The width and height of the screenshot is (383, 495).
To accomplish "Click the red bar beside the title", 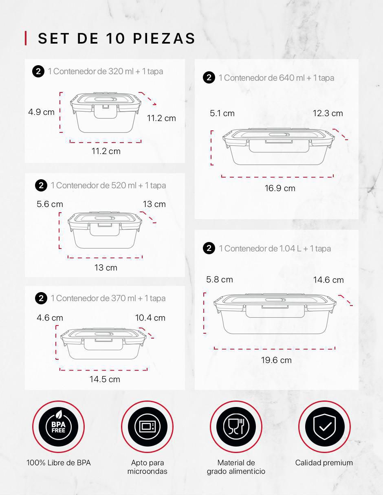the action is pos(26,38).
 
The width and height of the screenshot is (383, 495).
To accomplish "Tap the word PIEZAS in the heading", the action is pos(164,38).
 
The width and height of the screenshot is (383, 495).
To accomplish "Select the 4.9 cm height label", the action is pos(42,112).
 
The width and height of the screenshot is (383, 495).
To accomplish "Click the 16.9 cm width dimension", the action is pos(280,188).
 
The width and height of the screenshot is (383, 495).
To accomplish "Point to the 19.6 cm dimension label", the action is pos(276,360).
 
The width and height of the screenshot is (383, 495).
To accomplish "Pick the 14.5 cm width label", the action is pos(105,379).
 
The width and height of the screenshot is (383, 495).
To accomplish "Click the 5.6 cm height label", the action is pos(50,204).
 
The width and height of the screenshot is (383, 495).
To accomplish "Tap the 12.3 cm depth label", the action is pos(328,113).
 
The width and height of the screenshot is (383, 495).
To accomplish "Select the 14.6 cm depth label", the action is pos(328,280).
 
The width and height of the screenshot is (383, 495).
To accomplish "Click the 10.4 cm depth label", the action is pos(150,318).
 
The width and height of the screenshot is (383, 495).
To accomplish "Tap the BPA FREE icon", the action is pos(59,427).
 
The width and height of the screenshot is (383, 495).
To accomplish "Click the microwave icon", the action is pos(147,427).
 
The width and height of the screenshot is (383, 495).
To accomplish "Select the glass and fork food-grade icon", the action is pos(236,427).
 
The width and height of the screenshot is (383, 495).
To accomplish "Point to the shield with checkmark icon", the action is pos(324,427).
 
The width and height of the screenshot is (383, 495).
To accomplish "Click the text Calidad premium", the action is pos(324,463).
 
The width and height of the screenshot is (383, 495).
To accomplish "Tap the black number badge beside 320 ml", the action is pos(38,72).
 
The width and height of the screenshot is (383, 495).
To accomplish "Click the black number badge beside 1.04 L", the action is pos(209,248).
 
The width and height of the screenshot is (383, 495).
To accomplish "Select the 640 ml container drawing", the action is pos(278,146).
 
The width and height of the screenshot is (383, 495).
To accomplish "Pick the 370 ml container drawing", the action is pos(103,343).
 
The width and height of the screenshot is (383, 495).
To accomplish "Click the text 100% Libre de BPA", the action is pos(59,463).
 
